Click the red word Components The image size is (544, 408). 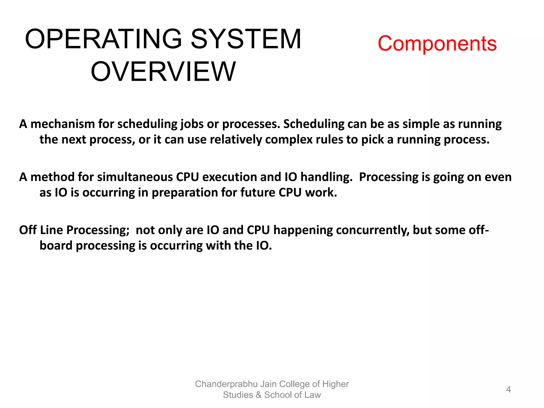(437, 44)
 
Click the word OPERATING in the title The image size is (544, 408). (103, 39)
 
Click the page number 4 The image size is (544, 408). (508, 389)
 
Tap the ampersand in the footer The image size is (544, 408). (258, 395)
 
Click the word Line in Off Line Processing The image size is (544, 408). (52, 230)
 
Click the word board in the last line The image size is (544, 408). (56, 246)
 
